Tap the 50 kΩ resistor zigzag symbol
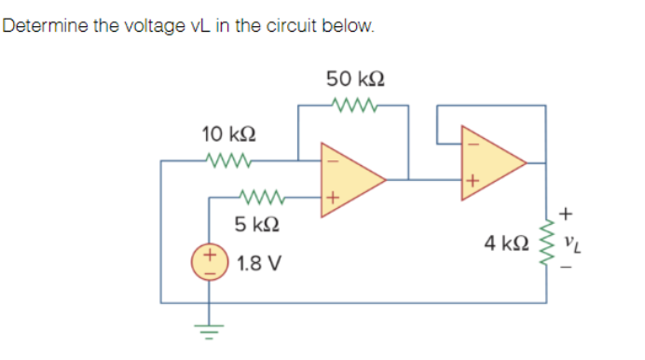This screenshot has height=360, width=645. tap(352, 104)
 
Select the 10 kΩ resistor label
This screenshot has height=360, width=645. tap(225, 134)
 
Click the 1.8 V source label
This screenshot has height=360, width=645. tap(254, 262)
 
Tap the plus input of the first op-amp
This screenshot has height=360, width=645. tap(329, 198)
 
